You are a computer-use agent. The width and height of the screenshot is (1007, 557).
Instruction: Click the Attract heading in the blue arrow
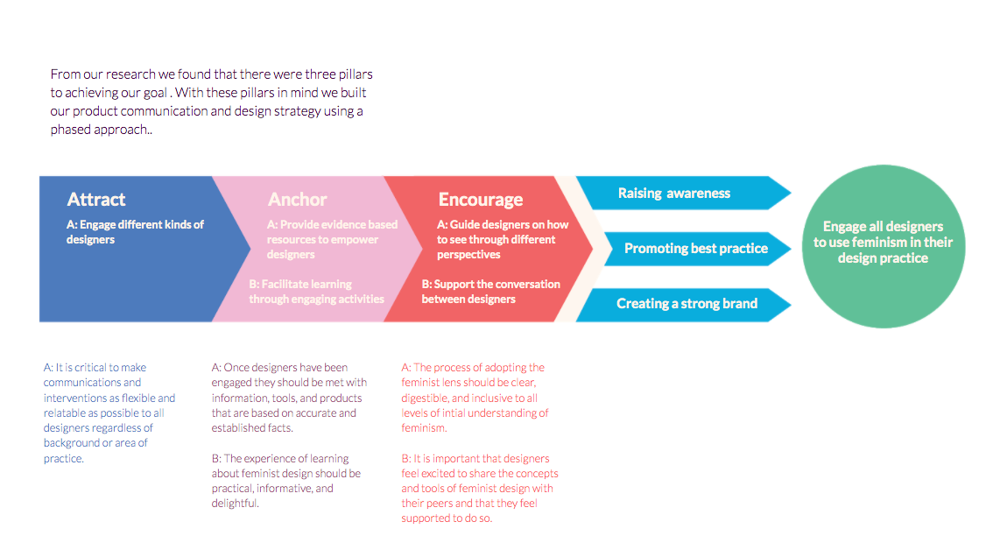pyautogui.click(x=96, y=200)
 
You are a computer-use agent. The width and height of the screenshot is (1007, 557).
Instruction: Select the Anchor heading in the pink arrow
pyautogui.click(x=298, y=200)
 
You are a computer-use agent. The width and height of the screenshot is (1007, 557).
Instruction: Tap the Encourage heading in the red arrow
pyautogui.click(x=481, y=201)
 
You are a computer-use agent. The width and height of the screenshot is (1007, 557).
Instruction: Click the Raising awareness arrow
pyautogui.click(x=683, y=194)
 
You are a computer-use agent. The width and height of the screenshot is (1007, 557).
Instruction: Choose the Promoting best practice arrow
pyautogui.click(x=697, y=249)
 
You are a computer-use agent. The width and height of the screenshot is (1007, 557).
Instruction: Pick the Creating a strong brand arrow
pyautogui.click(x=683, y=305)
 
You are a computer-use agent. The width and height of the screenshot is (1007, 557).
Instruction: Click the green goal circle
pyautogui.click(x=883, y=247)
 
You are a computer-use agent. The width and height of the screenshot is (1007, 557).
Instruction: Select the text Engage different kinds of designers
pyautogui.click(x=135, y=232)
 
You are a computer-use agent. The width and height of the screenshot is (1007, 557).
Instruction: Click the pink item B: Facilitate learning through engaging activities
pyautogui.click(x=317, y=292)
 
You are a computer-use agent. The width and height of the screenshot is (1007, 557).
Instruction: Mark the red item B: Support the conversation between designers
pyautogui.click(x=490, y=292)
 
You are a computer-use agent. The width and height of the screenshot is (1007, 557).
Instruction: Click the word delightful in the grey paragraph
pyautogui.click(x=235, y=504)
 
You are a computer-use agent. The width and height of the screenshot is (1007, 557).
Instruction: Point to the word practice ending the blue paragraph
pyautogui.click(x=64, y=459)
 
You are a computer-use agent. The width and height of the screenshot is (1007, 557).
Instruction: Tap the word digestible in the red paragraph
pyautogui.click(x=426, y=398)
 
